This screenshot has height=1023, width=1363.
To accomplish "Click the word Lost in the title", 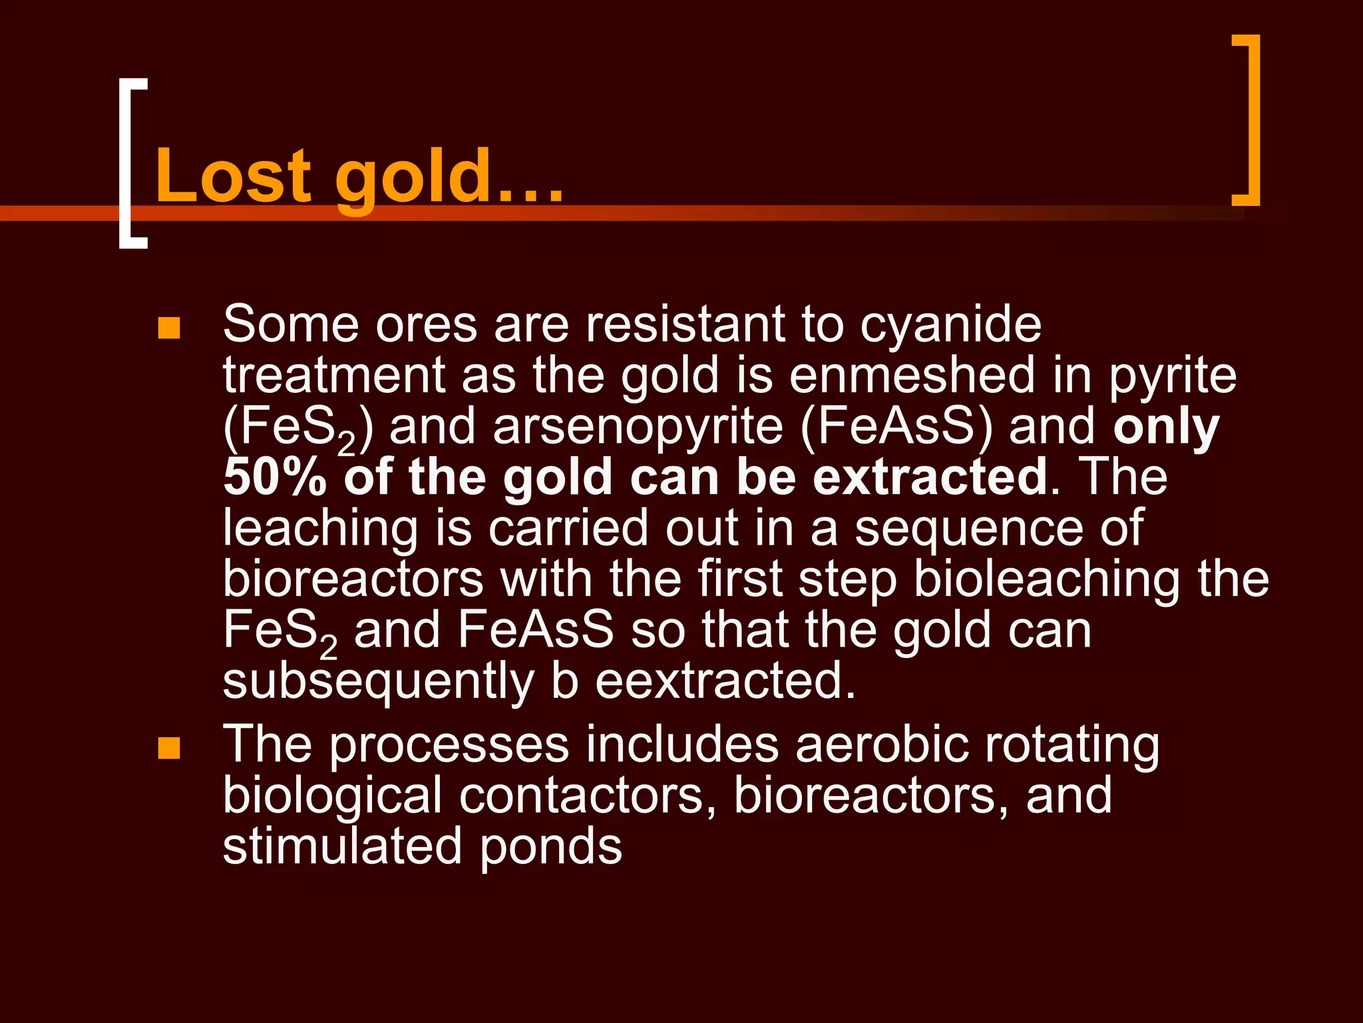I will tap(233, 176).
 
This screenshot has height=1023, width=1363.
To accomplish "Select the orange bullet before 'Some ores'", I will tap(169, 328).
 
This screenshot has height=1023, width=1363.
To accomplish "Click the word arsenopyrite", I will tap(638, 427).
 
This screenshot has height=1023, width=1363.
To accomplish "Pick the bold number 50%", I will tap(275, 477).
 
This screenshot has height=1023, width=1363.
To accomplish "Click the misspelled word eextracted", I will tap(725, 681).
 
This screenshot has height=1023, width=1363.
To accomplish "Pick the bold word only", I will tap(1166, 427).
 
